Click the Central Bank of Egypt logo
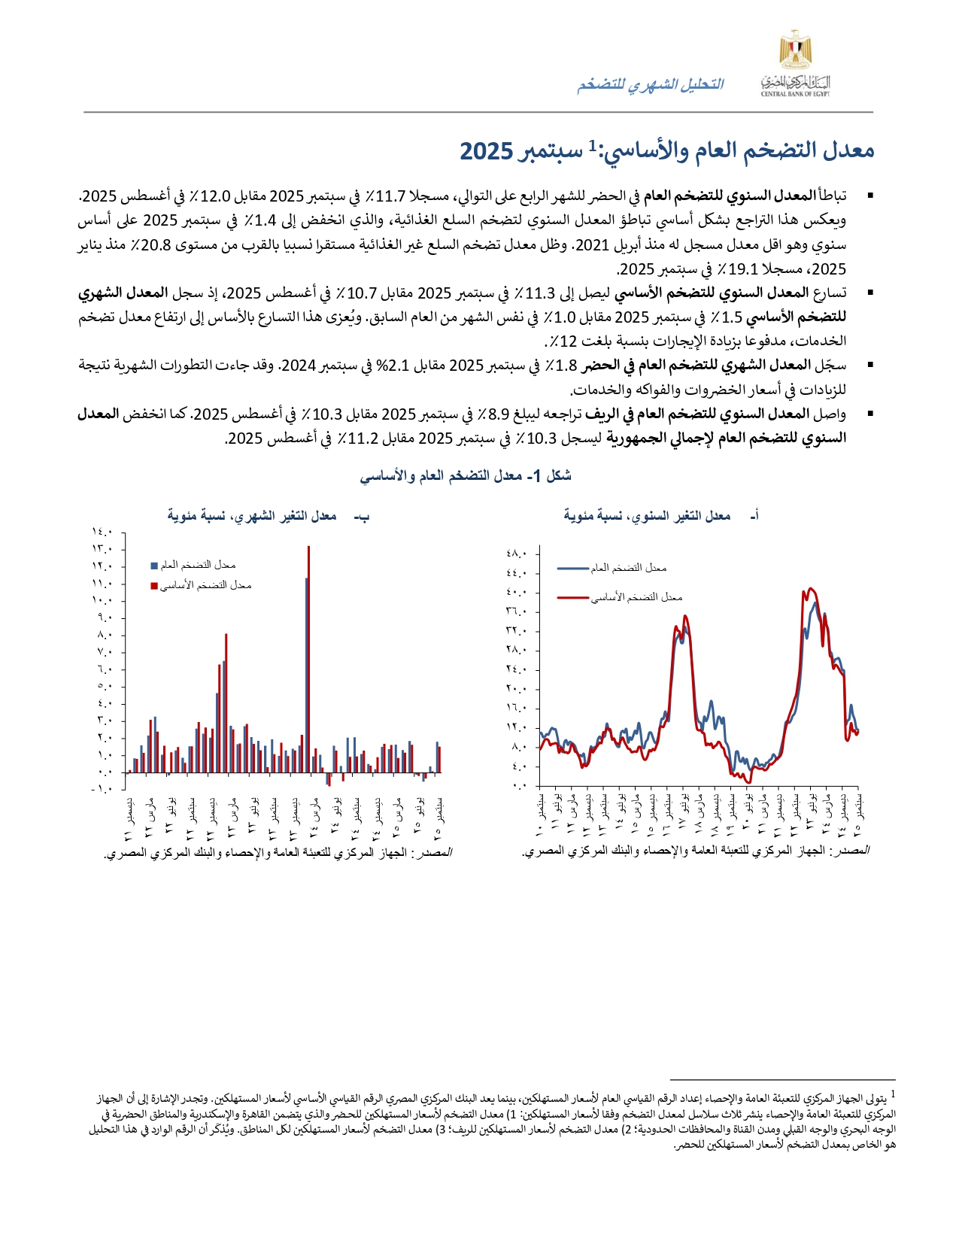[794, 63]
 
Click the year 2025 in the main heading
[486, 150]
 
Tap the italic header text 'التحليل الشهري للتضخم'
[650, 85]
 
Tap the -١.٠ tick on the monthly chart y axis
[102, 789]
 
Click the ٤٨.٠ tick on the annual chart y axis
[517, 554]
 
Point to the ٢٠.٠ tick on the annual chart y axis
[517, 689]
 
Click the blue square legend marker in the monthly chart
[154, 566]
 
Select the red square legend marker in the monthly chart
[154, 586]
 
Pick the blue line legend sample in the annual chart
[572, 569]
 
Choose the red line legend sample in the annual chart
[572, 598]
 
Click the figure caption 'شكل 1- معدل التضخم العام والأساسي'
[466, 476]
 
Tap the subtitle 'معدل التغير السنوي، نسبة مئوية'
[647, 516]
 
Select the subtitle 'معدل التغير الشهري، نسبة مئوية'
[252, 516]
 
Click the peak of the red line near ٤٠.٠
[809, 589]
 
